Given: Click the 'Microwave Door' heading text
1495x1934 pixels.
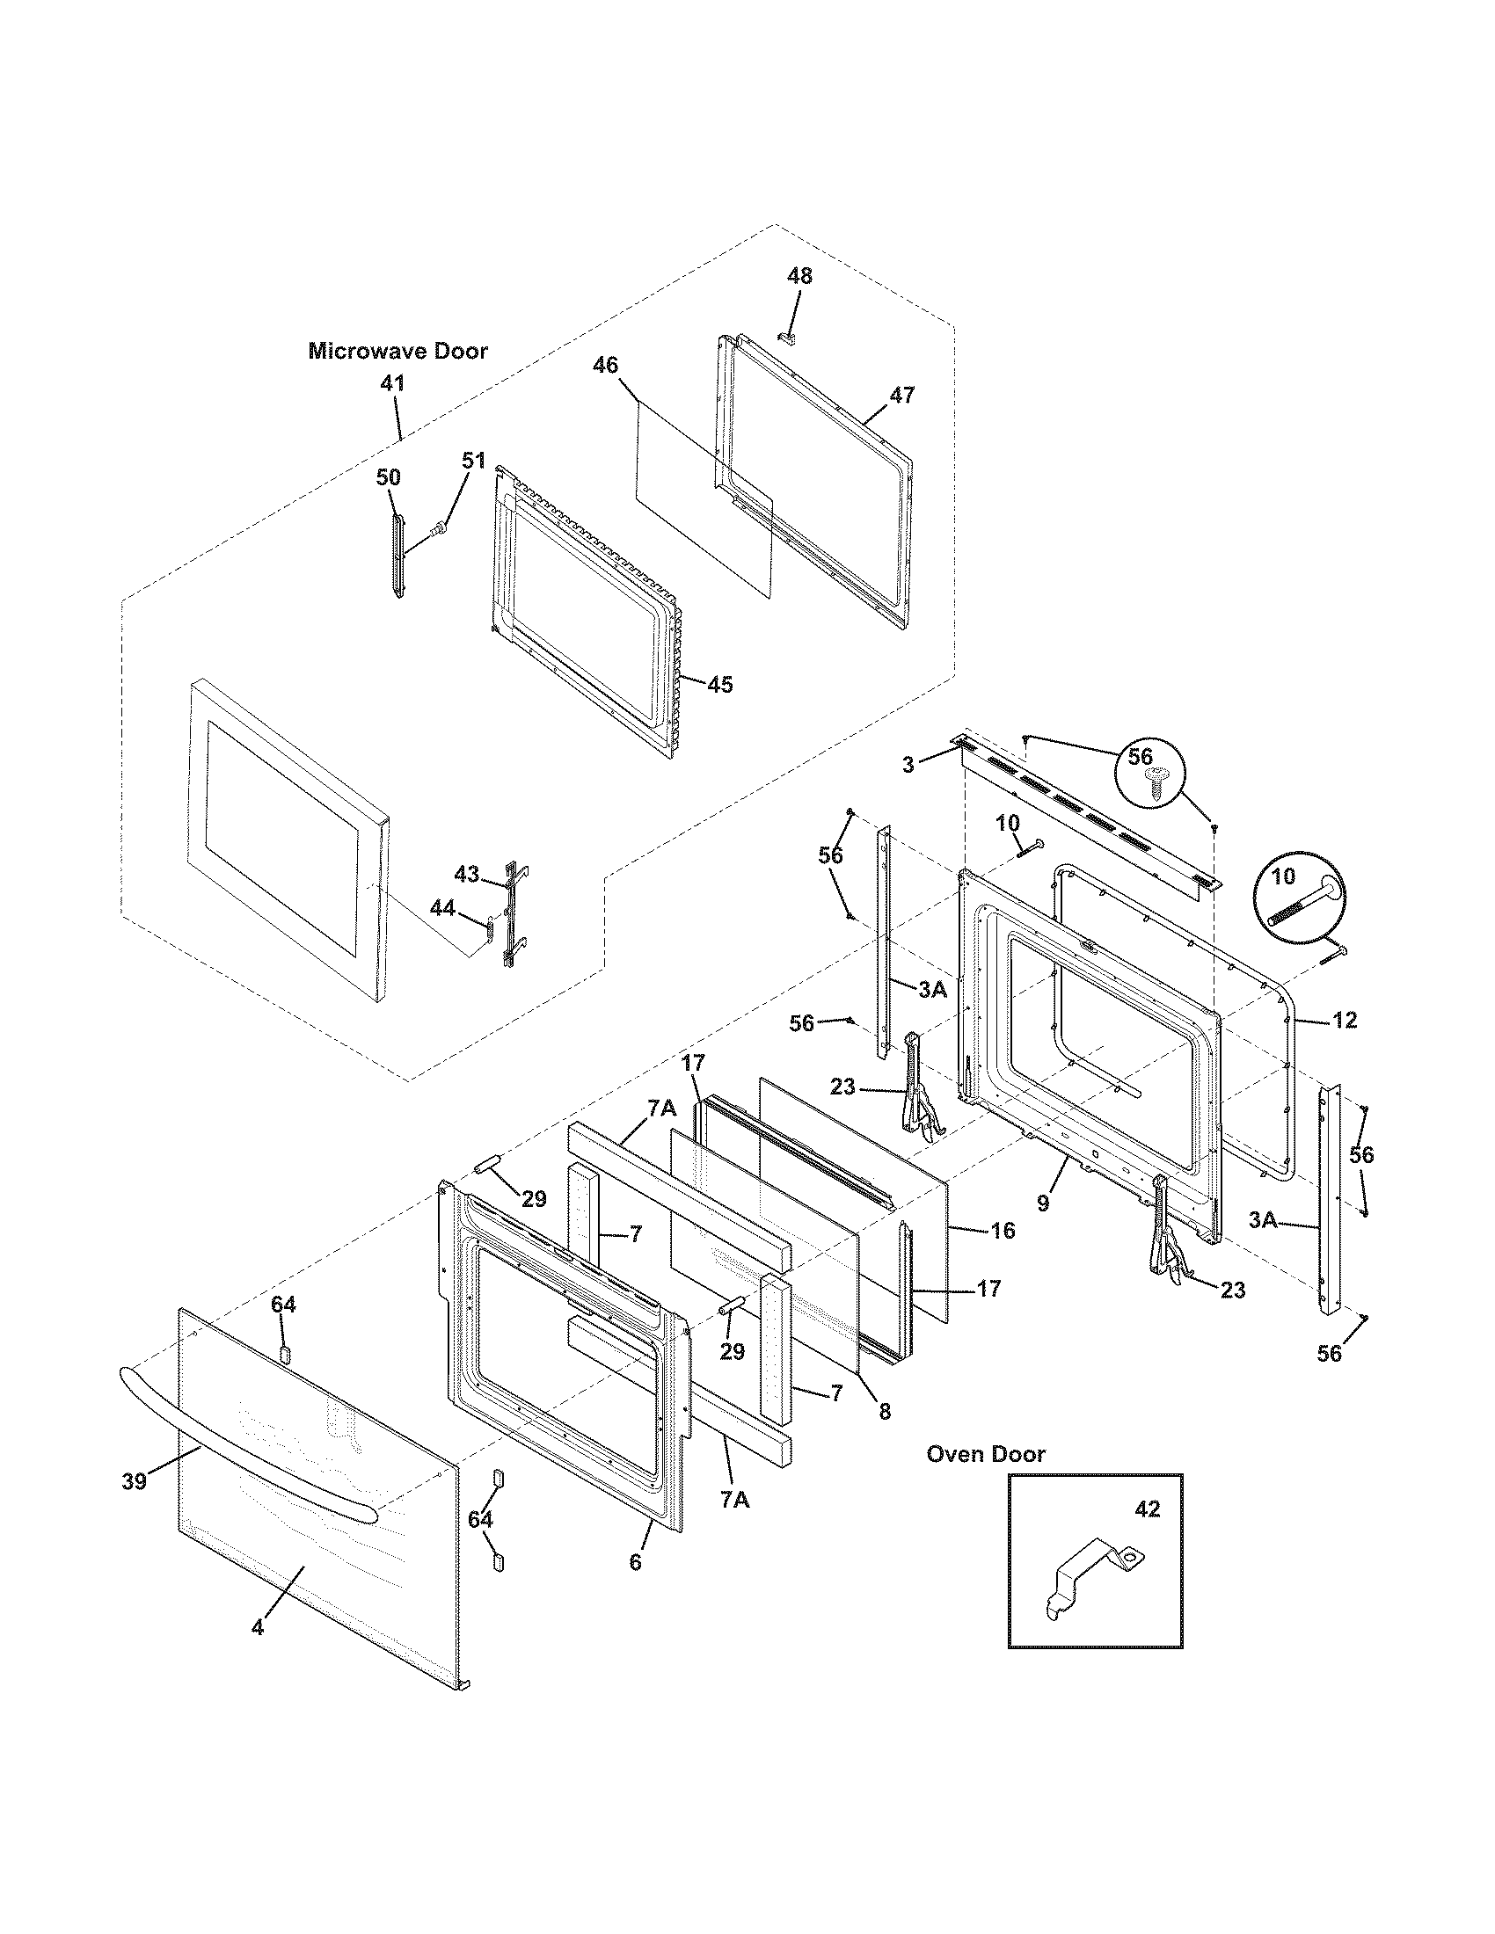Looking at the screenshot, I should click(x=397, y=352).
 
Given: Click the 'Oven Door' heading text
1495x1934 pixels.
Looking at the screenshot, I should click(x=985, y=1454).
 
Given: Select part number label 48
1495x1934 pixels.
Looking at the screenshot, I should click(x=799, y=276).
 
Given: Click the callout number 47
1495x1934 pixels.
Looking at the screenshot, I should click(x=901, y=395).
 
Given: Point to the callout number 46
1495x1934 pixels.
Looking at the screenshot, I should click(x=606, y=366).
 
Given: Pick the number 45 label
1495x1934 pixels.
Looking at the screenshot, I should click(x=720, y=685).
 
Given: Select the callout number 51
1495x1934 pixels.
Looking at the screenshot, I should click(x=474, y=461).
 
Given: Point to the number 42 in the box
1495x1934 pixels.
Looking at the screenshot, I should click(x=1147, y=1509).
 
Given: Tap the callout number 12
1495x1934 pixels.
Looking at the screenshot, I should click(x=1344, y=1020).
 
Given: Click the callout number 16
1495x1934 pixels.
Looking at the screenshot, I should click(x=1003, y=1230).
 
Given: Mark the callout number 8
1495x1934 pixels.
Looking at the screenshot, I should click(x=885, y=1412).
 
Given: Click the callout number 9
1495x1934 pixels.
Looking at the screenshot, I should click(x=1043, y=1203).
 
